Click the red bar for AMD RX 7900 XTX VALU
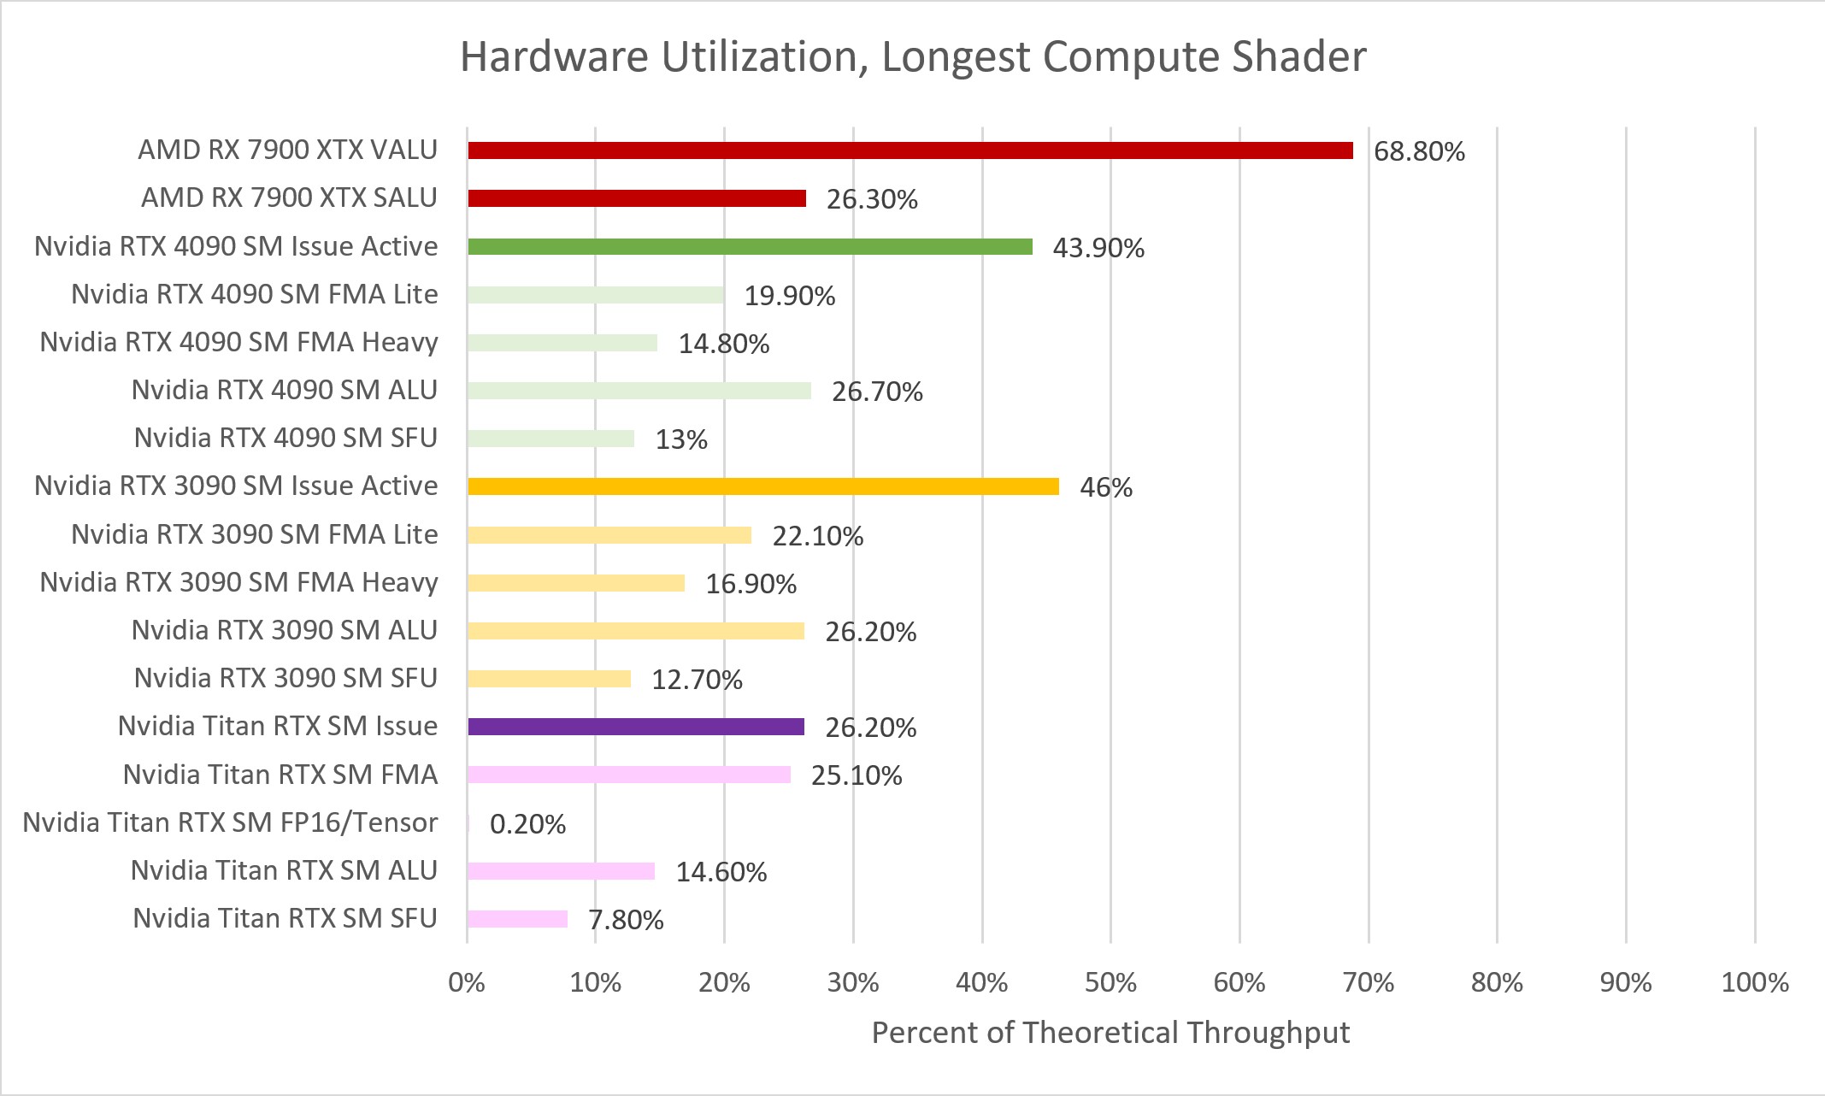tap(910, 150)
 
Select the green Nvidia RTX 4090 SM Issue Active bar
tap(750, 247)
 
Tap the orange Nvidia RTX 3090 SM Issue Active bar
tap(762, 486)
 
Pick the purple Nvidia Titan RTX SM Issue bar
tap(636, 727)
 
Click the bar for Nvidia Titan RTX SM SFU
tap(517, 919)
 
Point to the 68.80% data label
tap(1419, 151)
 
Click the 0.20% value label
tap(527, 824)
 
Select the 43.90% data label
tap(1098, 248)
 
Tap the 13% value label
tap(681, 439)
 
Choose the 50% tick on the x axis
tap(1110, 982)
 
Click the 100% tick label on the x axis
tap(1754, 982)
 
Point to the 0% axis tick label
tap(467, 982)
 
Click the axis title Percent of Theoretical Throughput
tap(1110, 1033)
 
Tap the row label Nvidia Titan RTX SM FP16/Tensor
tap(230, 822)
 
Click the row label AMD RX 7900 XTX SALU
tap(289, 197)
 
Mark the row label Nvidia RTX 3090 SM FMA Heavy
tap(238, 582)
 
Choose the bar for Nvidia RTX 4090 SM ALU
tap(639, 391)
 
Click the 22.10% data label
tap(818, 536)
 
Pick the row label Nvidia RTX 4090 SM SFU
tap(286, 438)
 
